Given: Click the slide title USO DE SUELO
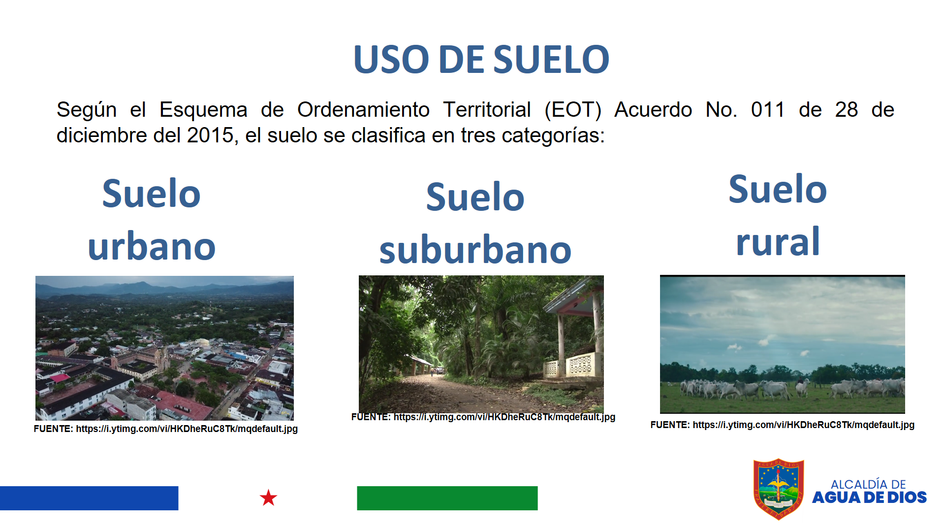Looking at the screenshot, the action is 481,60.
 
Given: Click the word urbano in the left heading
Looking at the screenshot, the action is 152,246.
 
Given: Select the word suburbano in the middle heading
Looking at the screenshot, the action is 475,250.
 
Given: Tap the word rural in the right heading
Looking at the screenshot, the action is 778,241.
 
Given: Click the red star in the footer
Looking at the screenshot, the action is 268,498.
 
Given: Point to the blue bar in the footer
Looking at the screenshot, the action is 89,498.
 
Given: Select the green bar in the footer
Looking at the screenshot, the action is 447,498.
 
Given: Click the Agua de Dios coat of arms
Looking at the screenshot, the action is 779,489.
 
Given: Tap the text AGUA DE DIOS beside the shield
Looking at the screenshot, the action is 869,498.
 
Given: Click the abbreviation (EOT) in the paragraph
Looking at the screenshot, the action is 573,110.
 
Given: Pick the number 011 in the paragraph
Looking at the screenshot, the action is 768,109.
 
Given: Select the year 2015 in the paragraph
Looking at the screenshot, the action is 210,135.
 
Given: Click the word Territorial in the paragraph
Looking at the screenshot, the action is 487,109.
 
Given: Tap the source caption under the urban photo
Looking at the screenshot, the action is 166,429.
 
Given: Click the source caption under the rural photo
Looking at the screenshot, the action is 782,425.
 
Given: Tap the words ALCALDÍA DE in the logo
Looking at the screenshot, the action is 868,484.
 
